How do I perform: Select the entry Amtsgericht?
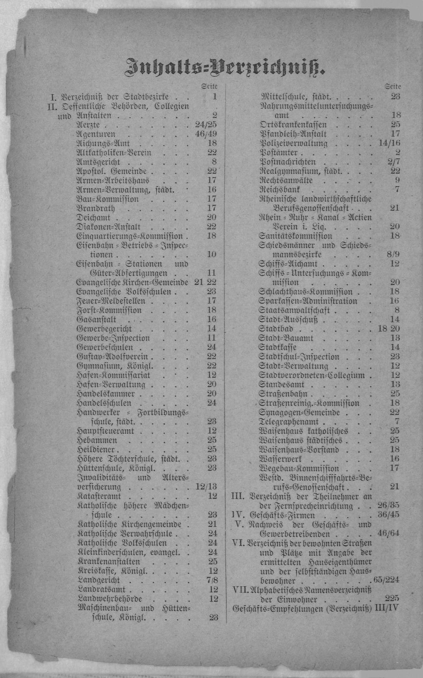click(x=98, y=162)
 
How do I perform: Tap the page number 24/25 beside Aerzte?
click(x=206, y=125)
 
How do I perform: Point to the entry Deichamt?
click(x=93, y=218)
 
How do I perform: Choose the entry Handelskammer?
click(x=106, y=394)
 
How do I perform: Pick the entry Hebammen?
click(x=96, y=440)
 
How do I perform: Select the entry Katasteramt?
click(x=98, y=496)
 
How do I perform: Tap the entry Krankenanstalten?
click(x=108, y=561)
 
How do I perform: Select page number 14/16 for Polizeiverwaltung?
click(x=389, y=143)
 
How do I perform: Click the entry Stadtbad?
click(x=276, y=329)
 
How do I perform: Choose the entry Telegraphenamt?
click(x=288, y=422)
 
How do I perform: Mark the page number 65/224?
click(x=386, y=580)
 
